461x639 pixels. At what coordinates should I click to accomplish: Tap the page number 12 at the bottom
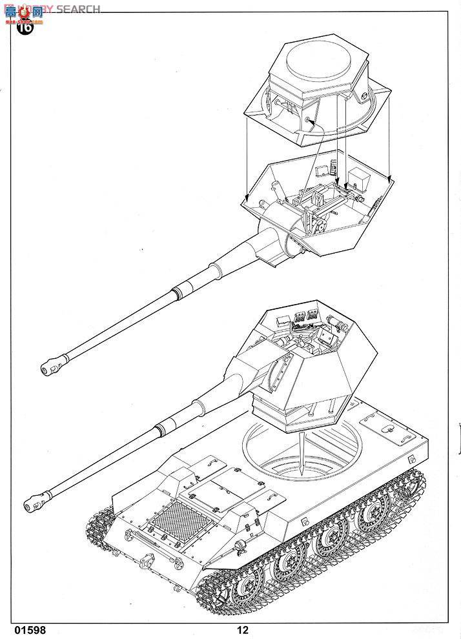coord(242,630)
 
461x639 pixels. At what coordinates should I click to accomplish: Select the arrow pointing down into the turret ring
coord(302,455)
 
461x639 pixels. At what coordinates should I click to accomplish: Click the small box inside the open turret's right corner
coord(356,176)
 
